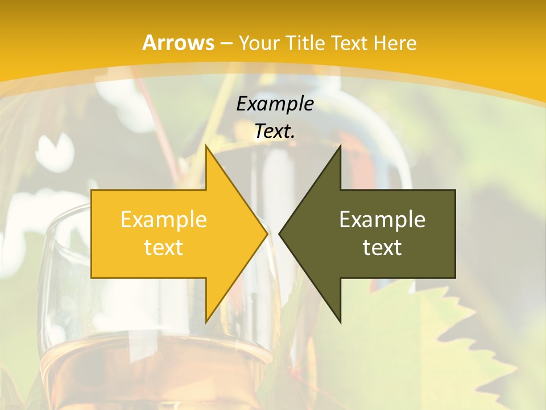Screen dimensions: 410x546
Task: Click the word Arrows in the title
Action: (x=178, y=43)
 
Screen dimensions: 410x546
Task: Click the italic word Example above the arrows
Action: (x=275, y=104)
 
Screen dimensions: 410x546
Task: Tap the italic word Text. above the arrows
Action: (x=275, y=132)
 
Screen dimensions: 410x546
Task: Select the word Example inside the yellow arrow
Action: (x=164, y=219)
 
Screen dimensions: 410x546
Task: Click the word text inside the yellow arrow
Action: (x=164, y=247)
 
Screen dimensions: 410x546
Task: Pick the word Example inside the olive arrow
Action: (x=382, y=219)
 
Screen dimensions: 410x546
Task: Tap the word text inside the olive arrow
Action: (x=382, y=247)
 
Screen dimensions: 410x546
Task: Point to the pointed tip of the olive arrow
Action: (x=281, y=233)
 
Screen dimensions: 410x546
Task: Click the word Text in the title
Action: (x=350, y=43)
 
